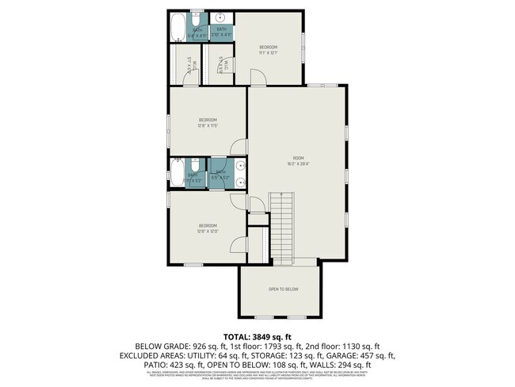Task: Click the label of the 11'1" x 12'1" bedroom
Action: pyautogui.click(x=269, y=50)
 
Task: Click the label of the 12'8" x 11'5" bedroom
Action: pyautogui.click(x=208, y=122)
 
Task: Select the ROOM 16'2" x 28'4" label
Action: pyautogui.click(x=298, y=162)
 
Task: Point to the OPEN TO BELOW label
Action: pyautogui.click(x=283, y=289)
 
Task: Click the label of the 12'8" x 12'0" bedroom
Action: pyautogui.click(x=208, y=228)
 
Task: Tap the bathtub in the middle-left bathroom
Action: pyautogui.click(x=177, y=172)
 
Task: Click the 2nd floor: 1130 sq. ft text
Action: pyautogui.click(x=338, y=347)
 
